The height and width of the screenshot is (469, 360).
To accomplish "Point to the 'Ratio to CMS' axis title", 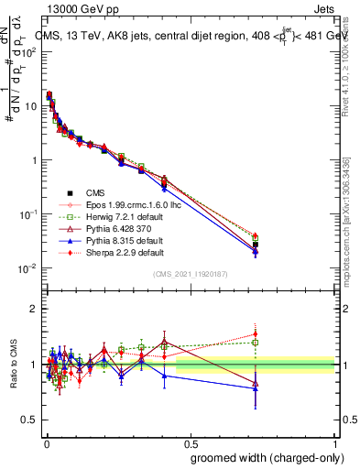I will tap(12, 365).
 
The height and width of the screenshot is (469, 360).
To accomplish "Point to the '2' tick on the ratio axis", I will tap(34, 309).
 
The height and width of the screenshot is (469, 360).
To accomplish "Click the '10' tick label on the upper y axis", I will tap(30, 105).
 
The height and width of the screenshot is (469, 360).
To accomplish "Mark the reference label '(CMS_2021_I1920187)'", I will tap(190, 275).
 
